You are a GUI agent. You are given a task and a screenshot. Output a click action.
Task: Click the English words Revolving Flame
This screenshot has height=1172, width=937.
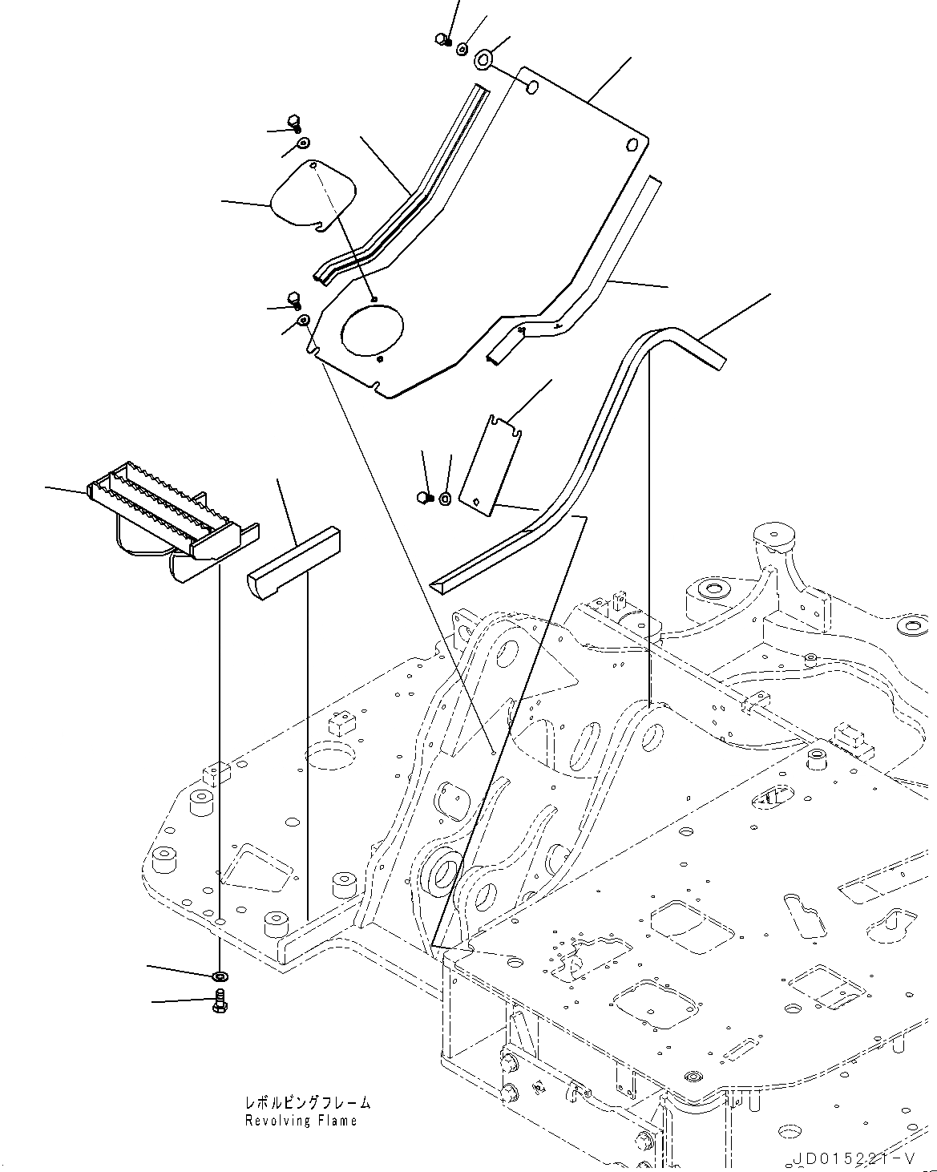tap(301, 1120)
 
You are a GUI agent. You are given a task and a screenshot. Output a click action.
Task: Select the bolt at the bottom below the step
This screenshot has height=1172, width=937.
tap(220, 1000)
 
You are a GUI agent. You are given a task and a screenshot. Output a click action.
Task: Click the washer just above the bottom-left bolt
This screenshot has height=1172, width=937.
tap(220, 976)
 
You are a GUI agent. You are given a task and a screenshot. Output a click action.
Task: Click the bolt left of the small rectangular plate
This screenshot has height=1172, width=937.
tap(425, 498)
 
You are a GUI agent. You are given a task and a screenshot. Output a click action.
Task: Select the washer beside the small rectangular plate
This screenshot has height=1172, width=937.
tap(445, 499)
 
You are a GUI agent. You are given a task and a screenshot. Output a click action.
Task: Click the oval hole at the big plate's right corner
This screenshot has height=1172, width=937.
tap(631, 145)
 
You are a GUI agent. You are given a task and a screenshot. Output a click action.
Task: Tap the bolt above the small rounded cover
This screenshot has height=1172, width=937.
tap(294, 123)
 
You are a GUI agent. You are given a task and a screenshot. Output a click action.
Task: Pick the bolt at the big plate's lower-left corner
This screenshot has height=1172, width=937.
tap(293, 300)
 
